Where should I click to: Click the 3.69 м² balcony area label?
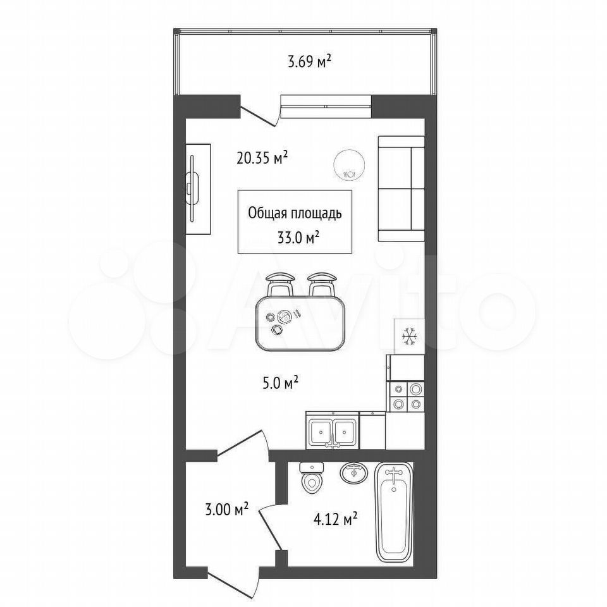(x=309, y=62)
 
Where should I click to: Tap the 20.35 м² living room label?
(x=262, y=157)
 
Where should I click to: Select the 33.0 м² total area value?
(x=298, y=237)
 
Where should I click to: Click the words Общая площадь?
(x=295, y=213)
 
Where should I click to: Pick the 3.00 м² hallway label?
(x=226, y=509)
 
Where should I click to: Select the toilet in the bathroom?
(x=312, y=478)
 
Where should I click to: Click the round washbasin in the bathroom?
(x=354, y=473)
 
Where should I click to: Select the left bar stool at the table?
(x=280, y=285)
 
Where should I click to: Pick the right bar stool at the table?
(x=322, y=285)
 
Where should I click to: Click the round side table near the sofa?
(x=349, y=164)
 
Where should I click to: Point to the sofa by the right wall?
(x=401, y=188)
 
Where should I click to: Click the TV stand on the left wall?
(x=198, y=189)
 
